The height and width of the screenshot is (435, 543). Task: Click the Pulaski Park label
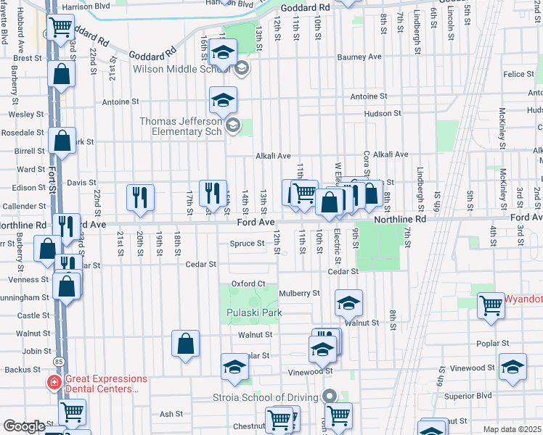point(252,312)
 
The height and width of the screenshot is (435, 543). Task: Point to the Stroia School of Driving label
point(266,397)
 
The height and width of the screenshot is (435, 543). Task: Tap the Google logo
point(24,426)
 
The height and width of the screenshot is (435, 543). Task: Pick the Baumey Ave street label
point(364,57)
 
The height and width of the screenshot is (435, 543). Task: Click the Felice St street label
point(518,75)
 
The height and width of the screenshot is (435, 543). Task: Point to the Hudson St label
point(383,114)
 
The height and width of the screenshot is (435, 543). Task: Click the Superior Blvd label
point(468,396)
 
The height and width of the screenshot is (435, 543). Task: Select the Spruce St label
point(248,244)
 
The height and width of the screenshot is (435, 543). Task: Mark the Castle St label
point(33,315)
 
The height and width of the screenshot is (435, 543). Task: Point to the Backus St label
point(17,370)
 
